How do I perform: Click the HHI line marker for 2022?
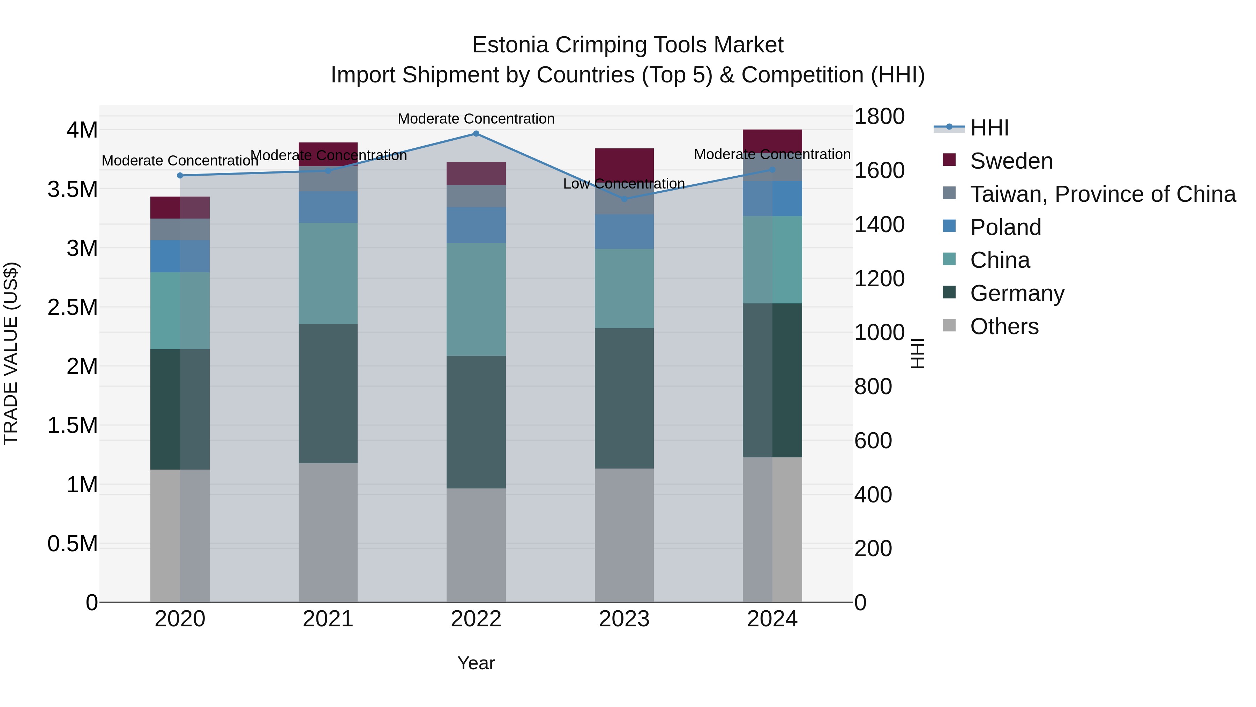[x=476, y=134]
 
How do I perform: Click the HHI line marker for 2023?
[x=624, y=199]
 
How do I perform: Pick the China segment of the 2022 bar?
[x=476, y=299]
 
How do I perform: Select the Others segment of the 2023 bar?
[x=624, y=535]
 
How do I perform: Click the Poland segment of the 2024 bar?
[x=772, y=198]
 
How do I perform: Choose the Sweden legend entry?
[x=1011, y=161]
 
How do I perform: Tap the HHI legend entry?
[x=989, y=128]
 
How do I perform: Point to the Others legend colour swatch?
[x=949, y=325]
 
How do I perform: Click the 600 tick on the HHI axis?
[x=873, y=441]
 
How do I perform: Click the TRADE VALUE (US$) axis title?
[x=11, y=353]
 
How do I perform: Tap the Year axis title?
[x=476, y=663]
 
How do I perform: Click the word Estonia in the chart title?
[x=510, y=45]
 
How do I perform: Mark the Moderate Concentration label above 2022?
[x=476, y=119]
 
